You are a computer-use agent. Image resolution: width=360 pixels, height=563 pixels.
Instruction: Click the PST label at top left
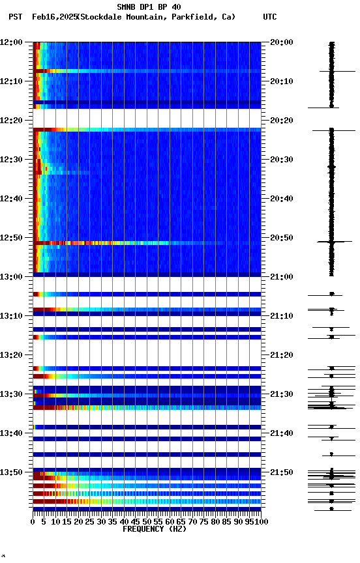16,17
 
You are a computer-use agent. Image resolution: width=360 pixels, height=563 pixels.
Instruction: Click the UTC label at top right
269,17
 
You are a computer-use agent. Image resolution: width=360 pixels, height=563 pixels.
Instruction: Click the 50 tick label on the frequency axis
147,521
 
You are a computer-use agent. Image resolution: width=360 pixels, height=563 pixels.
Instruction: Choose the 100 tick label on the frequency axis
260,521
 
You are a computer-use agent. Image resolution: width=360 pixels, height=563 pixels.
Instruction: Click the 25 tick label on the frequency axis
90,521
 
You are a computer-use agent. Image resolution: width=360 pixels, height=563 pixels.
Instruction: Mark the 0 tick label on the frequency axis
33,521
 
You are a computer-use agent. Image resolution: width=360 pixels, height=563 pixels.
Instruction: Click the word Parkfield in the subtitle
194,17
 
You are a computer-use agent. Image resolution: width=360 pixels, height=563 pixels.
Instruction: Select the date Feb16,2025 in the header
53,17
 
